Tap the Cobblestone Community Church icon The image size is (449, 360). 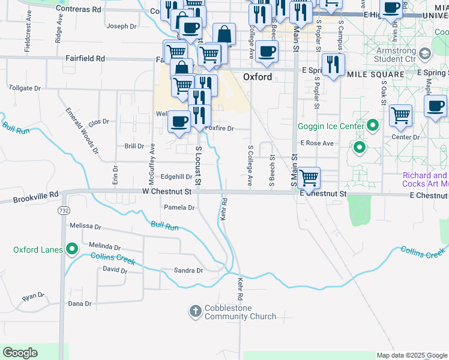[195, 311]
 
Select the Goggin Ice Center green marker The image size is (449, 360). [373, 126]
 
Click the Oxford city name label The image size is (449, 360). [258, 77]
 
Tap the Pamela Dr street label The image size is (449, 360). [179, 208]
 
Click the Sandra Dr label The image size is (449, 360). [188, 271]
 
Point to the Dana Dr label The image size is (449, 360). [79, 304]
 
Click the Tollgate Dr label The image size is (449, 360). [25, 88]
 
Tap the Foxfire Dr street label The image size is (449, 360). [219, 128]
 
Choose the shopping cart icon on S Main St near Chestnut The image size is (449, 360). [309, 177]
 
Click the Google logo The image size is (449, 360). [20, 353]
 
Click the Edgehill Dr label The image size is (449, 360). [176, 177]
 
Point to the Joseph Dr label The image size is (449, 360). [121, 26]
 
